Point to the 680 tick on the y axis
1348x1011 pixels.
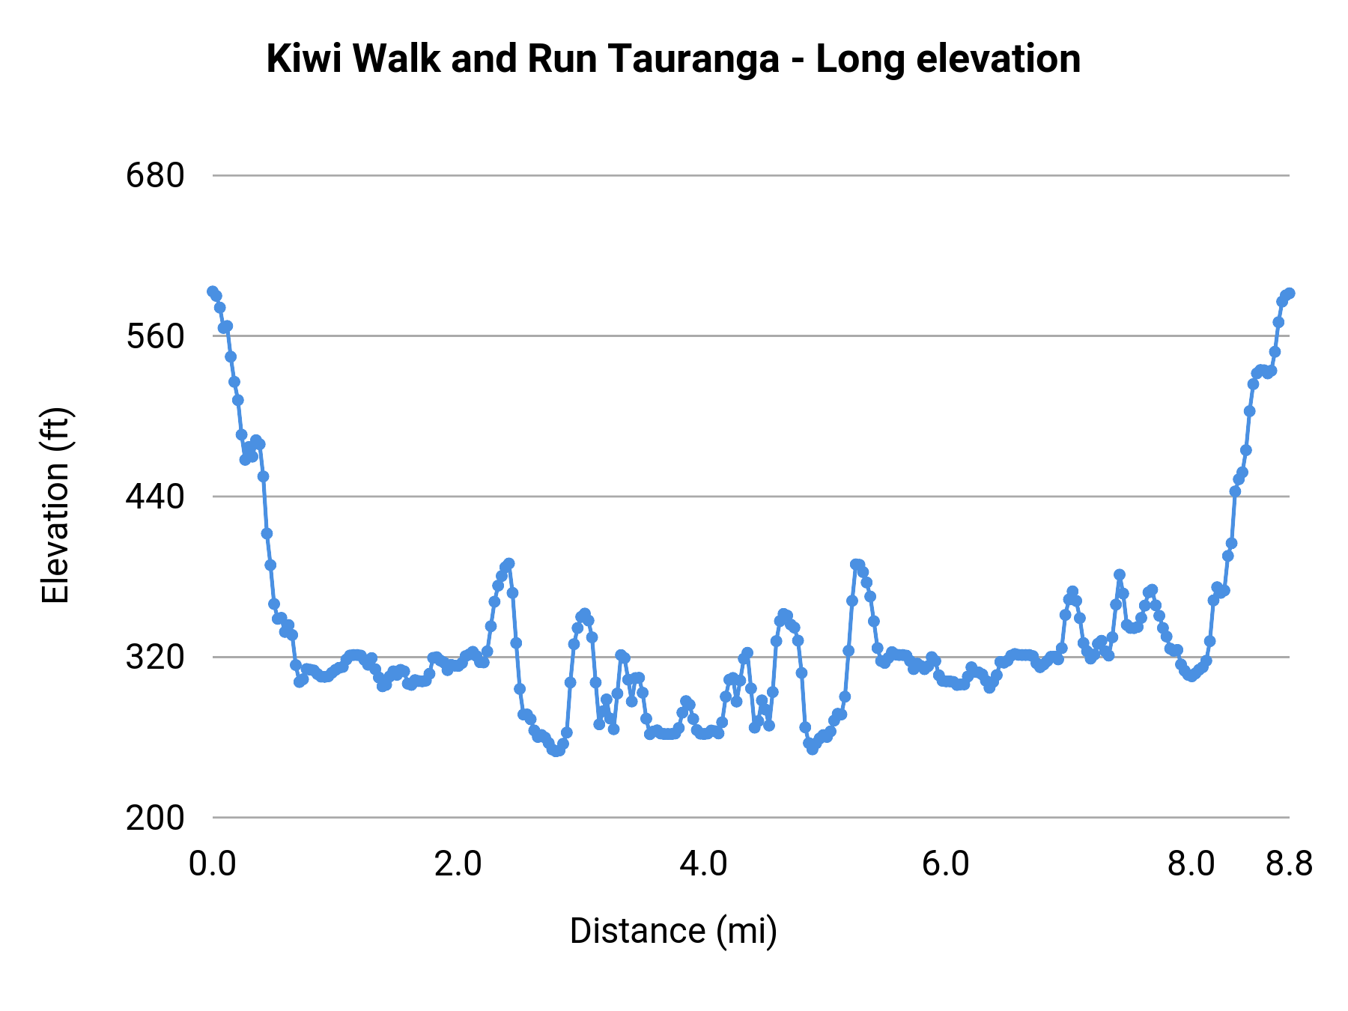tap(155, 176)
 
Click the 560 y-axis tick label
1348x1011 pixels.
tap(155, 336)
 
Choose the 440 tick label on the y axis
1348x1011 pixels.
tap(155, 497)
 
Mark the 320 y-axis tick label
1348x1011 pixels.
tap(155, 658)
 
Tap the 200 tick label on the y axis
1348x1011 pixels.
tap(155, 818)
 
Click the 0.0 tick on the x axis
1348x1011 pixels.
tap(213, 864)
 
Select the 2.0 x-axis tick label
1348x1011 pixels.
tap(458, 864)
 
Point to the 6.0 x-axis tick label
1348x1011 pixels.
tap(947, 864)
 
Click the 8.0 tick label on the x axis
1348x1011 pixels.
tap(1191, 864)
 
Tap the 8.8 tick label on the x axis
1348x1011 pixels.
tap(1290, 864)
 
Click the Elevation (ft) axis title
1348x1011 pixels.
tap(55, 506)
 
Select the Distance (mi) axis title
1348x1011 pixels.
tap(673, 931)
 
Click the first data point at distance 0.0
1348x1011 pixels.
tap(213, 291)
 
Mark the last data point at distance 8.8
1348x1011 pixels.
tap(1290, 293)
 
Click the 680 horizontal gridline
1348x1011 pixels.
tap(749, 175)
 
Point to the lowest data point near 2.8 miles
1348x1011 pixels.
tap(556, 751)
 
